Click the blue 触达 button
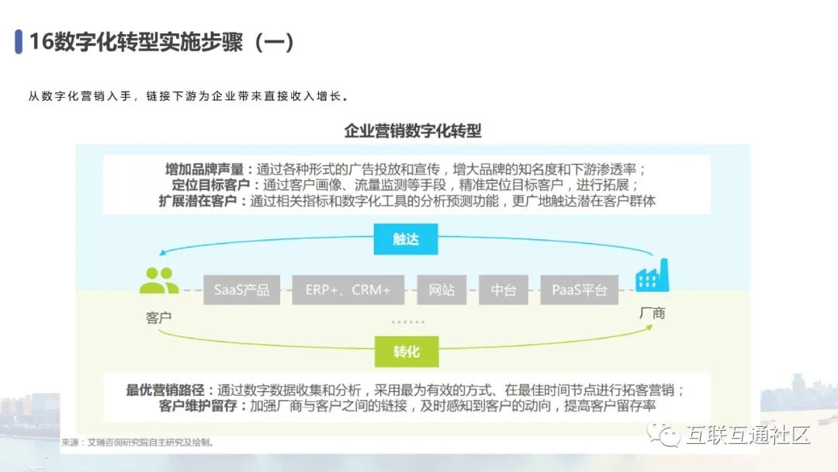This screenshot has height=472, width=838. click(x=406, y=239)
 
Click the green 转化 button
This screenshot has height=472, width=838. click(x=406, y=352)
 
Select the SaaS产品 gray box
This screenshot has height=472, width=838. click(x=242, y=290)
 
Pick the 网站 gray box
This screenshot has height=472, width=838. click(x=442, y=290)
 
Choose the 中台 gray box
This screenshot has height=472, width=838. click(x=504, y=290)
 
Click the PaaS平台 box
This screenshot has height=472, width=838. click(x=579, y=290)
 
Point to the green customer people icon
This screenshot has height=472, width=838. click(x=158, y=281)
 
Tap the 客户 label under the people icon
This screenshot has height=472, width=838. click(x=158, y=318)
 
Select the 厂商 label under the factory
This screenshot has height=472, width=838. click(x=652, y=314)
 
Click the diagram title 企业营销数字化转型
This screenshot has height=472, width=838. click(x=413, y=130)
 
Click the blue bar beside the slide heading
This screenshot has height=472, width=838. click(x=18, y=42)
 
